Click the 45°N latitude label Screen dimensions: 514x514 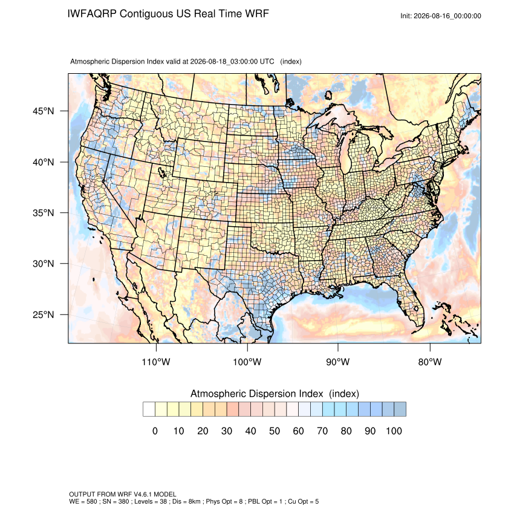click(43, 111)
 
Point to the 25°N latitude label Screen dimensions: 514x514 click(43, 314)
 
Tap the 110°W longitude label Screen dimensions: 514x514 click(156, 362)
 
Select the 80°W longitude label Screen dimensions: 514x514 click(430, 362)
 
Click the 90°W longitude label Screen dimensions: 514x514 click(337, 362)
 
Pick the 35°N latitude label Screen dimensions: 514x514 click(43, 213)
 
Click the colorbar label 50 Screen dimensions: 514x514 click(275, 431)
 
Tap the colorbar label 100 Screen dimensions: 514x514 click(394, 431)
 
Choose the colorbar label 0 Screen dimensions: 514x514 click(155, 431)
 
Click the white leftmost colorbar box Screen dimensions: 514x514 click(149, 409)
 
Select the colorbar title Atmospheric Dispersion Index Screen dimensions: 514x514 click(256, 394)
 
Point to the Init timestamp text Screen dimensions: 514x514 click(441, 16)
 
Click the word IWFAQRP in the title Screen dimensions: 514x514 click(92, 14)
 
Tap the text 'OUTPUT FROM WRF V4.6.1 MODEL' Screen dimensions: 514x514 click(123, 494)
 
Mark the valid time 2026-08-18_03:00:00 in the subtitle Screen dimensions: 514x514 click(232, 62)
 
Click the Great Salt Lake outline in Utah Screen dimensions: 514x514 click(161, 172)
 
